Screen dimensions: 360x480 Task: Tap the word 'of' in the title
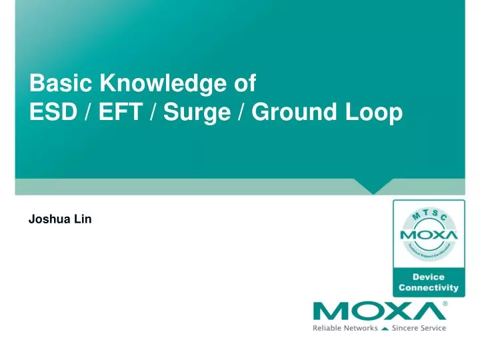click(x=242, y=84)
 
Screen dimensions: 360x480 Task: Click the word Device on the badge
click(x=429, y=277)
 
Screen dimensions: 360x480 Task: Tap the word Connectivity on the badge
click(x=429, y=288)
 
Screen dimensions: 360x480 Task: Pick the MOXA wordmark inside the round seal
click(x=429, y=235)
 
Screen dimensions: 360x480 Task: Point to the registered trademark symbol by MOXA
click(x=445, y=303)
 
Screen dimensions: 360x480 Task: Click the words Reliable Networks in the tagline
click(x=345, y=328)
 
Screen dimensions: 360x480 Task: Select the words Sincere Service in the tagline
click(x=418, y=328)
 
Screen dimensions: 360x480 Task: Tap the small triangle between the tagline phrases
click(x=385, y=328)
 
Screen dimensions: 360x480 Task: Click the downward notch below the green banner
click(x=373, y=186)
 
